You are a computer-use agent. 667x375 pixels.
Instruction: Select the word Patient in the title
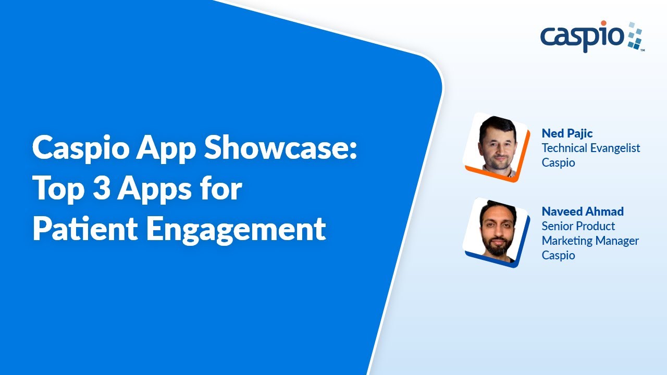click(x=84, y=229)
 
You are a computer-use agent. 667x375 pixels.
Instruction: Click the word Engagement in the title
click(x=236, y=230)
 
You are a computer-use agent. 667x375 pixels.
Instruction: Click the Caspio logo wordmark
click(x=582, y=37)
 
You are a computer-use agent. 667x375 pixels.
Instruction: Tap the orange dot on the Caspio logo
click(x=618, y=23)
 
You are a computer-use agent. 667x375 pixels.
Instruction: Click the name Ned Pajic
click(x=567, y=133)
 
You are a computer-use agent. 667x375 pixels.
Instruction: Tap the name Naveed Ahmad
click(x=583, y=211)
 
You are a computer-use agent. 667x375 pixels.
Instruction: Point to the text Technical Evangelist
click(x=591, y=148)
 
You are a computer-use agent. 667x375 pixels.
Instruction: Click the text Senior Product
click(x=578, y=226)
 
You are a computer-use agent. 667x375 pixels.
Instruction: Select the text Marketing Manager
click(x=590, y=241)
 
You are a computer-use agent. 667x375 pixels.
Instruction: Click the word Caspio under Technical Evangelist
click(x=558, y=162)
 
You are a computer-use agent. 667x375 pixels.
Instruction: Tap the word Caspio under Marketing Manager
click(x=558, y=255)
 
